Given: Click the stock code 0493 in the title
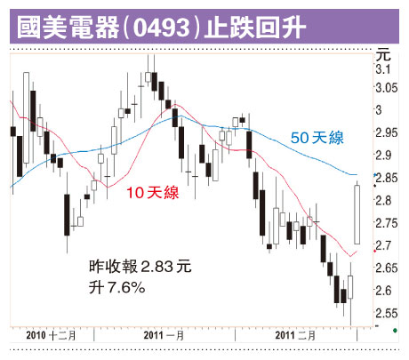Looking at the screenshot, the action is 161,28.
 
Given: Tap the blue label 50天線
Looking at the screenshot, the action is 317,138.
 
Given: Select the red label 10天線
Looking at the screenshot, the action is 153,192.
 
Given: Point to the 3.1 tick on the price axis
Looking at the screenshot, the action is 383,69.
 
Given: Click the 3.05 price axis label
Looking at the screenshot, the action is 387,88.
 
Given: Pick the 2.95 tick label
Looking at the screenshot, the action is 387,132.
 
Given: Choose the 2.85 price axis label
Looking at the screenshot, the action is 387,178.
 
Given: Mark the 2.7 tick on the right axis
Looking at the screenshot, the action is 383,245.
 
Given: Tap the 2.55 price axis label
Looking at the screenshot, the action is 387,313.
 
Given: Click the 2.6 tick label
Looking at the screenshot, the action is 383,291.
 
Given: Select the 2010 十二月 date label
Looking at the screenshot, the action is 51,336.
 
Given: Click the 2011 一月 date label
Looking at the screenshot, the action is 164,336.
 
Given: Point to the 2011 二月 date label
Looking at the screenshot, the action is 295,336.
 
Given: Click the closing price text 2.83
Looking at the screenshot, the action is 156,267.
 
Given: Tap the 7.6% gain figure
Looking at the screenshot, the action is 126,287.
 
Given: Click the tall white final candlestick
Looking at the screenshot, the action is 357,214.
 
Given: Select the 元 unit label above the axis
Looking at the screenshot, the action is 383,55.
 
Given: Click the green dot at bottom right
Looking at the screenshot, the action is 395,330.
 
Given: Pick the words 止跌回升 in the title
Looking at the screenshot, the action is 255,28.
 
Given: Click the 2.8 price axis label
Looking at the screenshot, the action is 383,200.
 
